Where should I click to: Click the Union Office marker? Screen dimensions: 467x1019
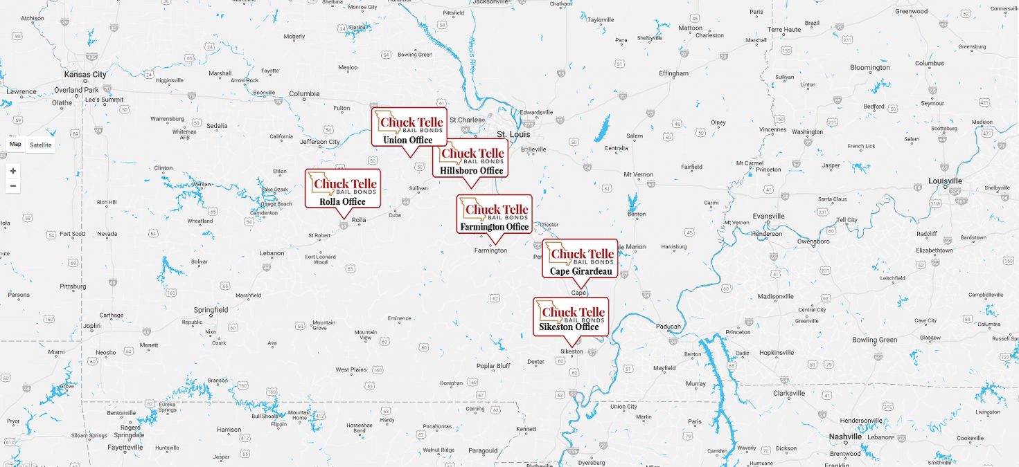click(x=409, y=127)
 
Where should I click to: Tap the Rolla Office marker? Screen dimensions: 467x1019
click(x=343, y=188)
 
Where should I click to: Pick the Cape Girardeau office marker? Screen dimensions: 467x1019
click(x=580, y=259)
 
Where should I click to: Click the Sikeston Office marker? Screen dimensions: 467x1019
click(x=571, y=317)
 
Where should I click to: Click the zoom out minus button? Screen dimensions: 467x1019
click(x=13, y=186)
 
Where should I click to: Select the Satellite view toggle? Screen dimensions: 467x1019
click(x=41, y=145)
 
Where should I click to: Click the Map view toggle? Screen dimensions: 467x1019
click(x=15, y=145)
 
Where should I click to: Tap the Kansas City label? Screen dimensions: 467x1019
click(x=85, y=75)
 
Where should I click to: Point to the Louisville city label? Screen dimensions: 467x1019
click(x=946, y=181)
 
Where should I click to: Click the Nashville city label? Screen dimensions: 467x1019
click(x=845, y=437)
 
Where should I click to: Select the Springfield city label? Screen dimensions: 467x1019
click(x=211, y=310)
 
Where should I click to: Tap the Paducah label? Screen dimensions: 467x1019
click(x=668, y=327)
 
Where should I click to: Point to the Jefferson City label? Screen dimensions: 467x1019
click(x=319, y=142)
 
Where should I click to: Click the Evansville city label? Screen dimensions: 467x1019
click(x=768, y=217)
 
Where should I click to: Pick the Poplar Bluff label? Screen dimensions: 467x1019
click(x=493, y=366)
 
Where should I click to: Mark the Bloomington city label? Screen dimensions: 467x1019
click(x=870, y=68)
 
